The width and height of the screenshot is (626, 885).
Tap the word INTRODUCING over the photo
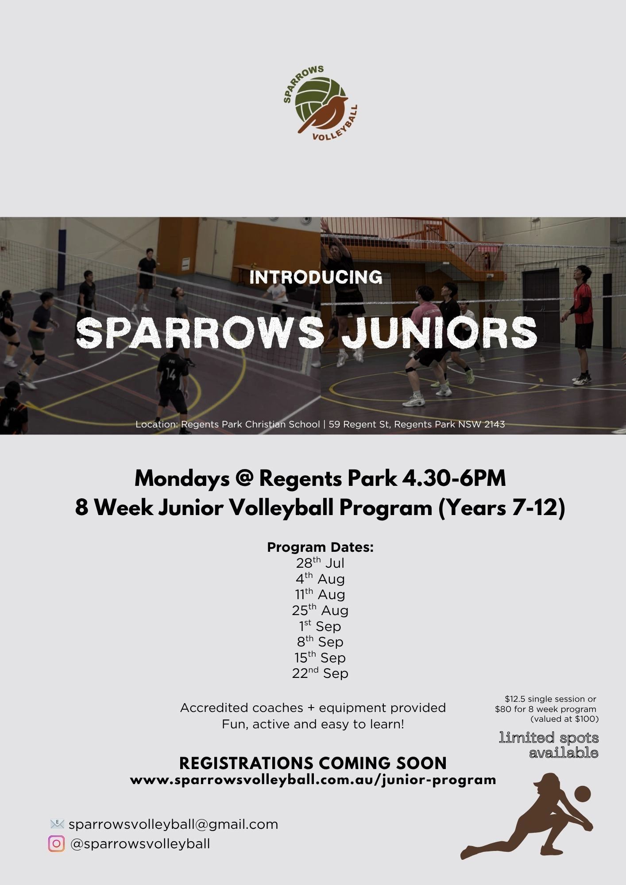[x=316, y=278]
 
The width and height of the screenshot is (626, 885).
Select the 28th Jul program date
[x=320, y=563]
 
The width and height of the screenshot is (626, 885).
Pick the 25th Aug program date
[x=320, y=611]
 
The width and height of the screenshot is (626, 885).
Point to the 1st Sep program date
[x=320, y=627]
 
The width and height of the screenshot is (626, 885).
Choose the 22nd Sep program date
[x=320, y=673]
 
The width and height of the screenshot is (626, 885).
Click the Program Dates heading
[x=320, y=547]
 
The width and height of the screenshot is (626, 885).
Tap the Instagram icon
[x=56, y=844]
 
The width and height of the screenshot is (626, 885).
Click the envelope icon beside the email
[x=57, y=824]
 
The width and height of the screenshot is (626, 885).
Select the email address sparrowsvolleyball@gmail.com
[x=173, y=824]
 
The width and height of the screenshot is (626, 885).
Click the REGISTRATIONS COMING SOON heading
[x=313, y=763]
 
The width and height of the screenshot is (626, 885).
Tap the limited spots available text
[x=549, y=745]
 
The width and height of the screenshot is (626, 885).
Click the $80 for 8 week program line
[x=545, y=709]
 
